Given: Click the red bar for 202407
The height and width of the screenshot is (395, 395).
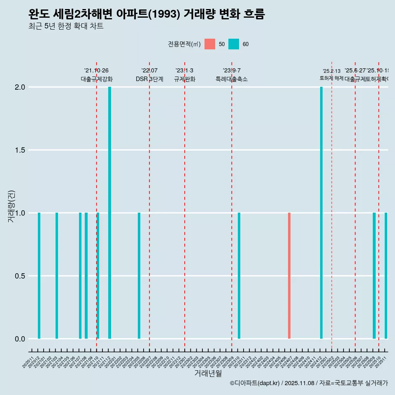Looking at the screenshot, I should [289, 276].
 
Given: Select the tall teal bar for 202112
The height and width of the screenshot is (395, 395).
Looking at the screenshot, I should [110, 213].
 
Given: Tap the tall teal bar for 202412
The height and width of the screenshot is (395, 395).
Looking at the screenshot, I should [321, 213].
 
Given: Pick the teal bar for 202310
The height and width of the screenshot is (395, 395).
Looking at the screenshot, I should [239, 276].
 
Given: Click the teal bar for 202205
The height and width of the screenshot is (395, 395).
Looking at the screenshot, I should [139, 276].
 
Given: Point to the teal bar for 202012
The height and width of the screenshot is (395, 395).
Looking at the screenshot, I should [39, 276].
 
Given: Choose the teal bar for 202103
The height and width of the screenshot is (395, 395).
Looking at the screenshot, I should [57, 276].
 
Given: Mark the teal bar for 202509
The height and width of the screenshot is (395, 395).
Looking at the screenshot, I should [374, 276].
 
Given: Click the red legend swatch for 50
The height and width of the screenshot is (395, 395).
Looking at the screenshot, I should [210, 44].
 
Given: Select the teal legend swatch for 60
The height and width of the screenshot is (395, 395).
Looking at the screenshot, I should [234, 44].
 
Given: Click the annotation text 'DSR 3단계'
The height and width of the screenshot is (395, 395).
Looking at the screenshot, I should [149, 79].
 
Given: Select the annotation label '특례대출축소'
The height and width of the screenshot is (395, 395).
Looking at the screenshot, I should [232, 79].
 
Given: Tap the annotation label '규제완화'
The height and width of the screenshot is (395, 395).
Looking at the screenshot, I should [184, 79].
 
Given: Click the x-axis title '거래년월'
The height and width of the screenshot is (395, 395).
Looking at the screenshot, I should [208, 374].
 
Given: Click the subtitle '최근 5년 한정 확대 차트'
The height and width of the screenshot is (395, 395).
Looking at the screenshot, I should [66, 26].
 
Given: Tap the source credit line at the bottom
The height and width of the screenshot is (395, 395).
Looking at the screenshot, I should [309, 383].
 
